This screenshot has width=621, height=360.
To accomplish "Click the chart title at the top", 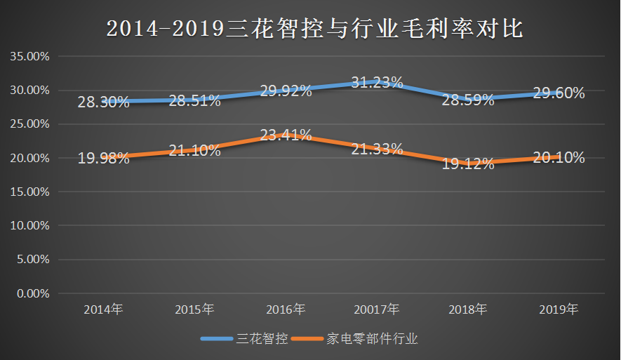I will coord(310,27).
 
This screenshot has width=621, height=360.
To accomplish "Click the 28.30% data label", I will coord(103,102).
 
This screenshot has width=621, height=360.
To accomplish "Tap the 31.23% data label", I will coord(377,82).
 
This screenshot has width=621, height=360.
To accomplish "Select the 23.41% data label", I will coord(286,135).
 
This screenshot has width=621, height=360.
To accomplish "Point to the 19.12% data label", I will coord(468,164).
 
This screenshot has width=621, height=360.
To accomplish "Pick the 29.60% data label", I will coord(559,93).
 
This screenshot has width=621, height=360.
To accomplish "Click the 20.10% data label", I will coord(559,158).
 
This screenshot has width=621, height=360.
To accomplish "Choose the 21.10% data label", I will coord(194,150).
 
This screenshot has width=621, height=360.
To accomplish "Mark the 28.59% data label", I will coord(468,100).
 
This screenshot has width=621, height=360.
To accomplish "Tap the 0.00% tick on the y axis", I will coord(32,293).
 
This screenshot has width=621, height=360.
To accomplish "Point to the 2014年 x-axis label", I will coord(103,309).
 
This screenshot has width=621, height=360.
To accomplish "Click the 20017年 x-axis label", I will coord(377,309).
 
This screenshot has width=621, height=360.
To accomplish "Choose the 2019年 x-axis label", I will coord(559,309).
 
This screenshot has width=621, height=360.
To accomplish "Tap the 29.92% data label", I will coord(286,91).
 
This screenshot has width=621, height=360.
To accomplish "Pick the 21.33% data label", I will coord(377,149).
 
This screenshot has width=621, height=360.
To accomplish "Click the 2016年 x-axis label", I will coord(286,309).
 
